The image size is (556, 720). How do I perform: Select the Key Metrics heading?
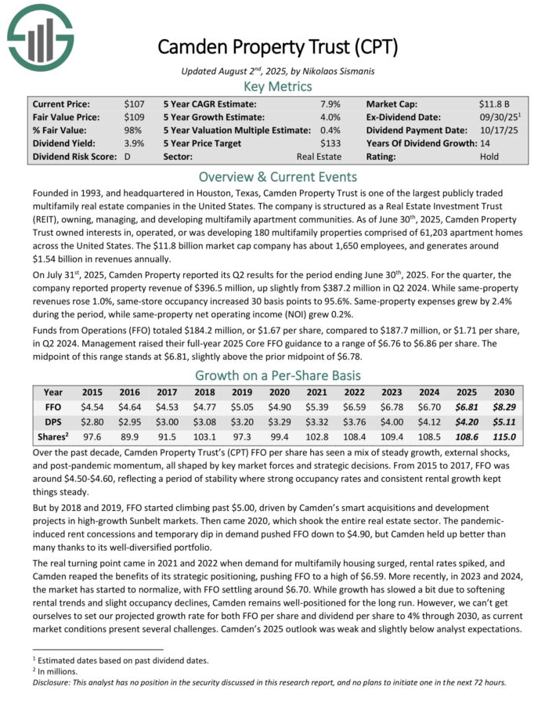277,86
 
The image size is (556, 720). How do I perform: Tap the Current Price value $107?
133,103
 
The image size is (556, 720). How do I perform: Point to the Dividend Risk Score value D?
127,157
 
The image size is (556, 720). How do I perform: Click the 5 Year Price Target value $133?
331,143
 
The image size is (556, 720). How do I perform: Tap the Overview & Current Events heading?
277,176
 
